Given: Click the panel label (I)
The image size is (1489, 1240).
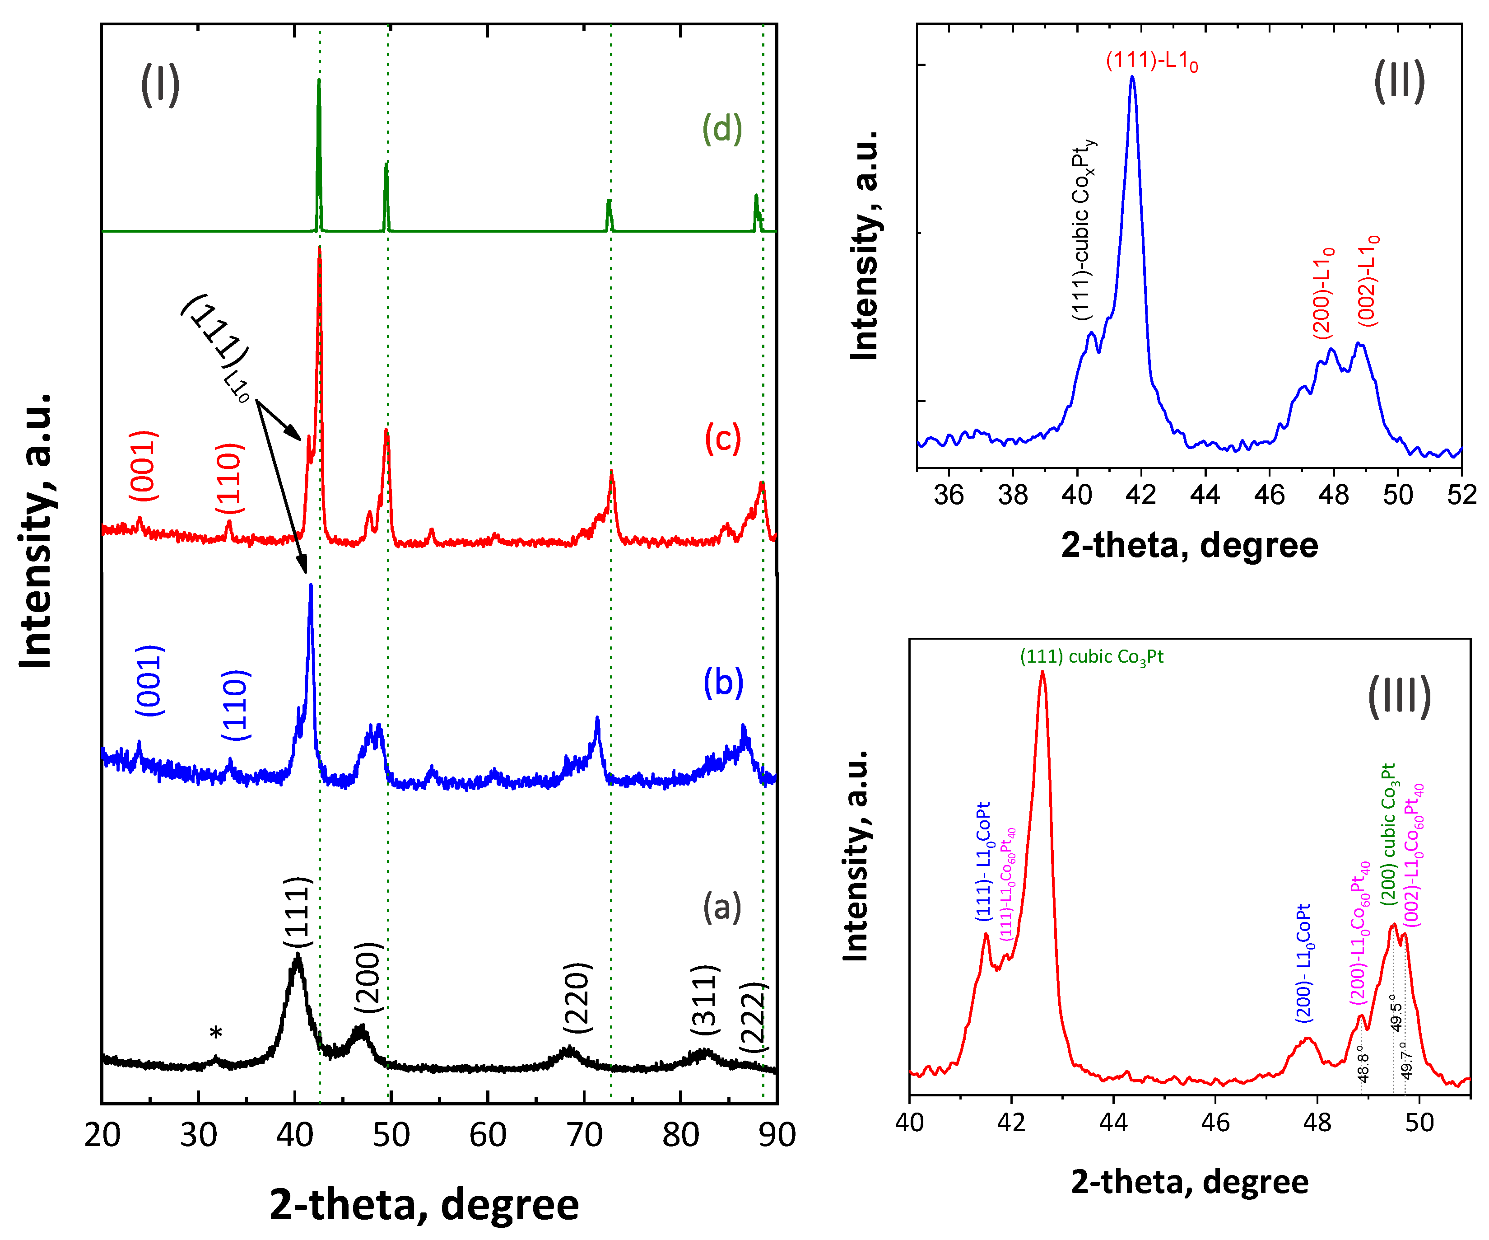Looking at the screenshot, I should coord(160,84).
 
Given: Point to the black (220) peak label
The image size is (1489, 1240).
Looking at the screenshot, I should coord(577,998).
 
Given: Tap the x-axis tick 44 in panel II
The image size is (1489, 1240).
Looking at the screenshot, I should coord(1204,495).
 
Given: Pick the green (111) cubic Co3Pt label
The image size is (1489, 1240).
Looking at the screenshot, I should coord(1091,657).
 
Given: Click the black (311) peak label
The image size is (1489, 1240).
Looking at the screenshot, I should coord(705,1000).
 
